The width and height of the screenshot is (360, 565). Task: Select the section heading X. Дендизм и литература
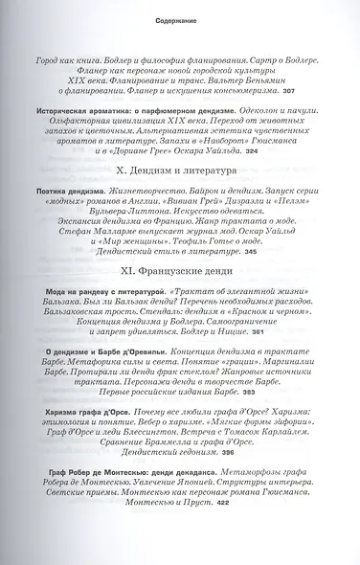tap(179, 196)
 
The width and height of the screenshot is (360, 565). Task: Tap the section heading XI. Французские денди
tap(179, 298)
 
